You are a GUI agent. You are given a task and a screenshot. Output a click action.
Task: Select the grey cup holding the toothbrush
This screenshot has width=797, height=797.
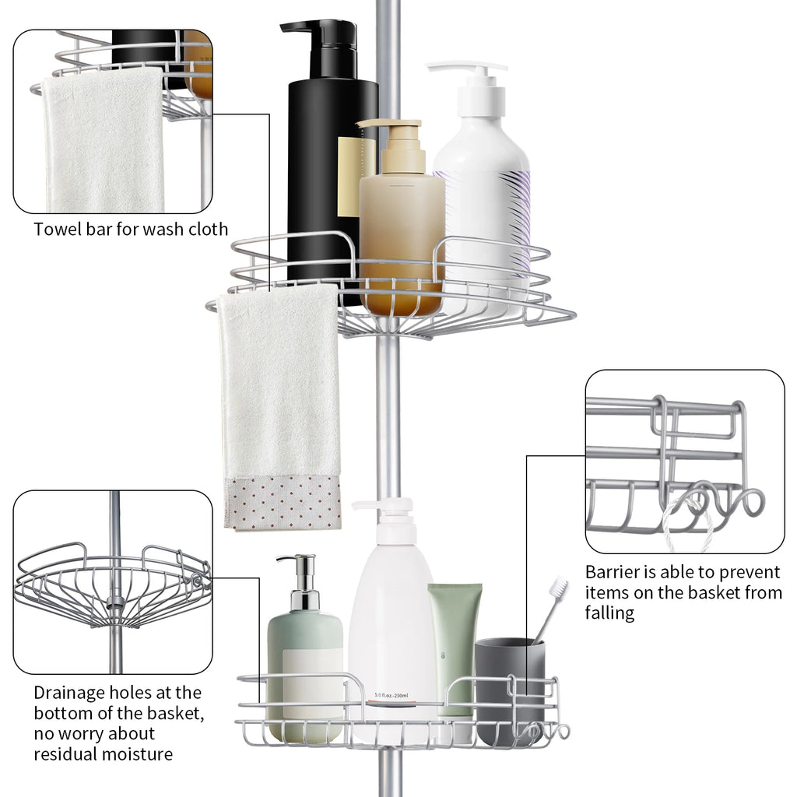pyautogui.click(x=509, y=691)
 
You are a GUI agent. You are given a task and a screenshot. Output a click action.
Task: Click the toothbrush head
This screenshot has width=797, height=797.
pyautogui.click(x=560, y=587)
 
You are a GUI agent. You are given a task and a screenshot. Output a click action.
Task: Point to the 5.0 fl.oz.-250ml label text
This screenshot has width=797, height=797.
pyautogui.click(x=391, y=695)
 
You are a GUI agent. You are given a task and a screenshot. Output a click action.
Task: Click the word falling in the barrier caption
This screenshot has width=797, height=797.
pyautogui.click(x=609, y=613)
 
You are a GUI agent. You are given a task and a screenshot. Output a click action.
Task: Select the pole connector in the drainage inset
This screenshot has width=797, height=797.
pyautogui.click(x=115, y=604)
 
